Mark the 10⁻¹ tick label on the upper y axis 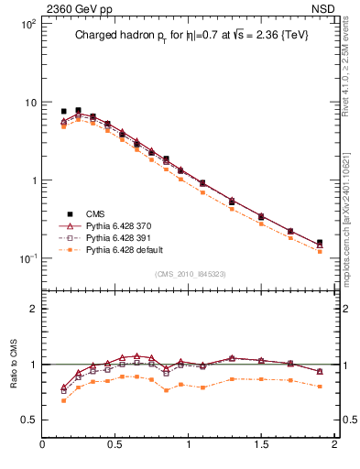point(27,258)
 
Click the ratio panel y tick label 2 point(32,309)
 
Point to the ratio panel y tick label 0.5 point(28,420)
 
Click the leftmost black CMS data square point(63,111)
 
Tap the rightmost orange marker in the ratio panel point(320,387)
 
